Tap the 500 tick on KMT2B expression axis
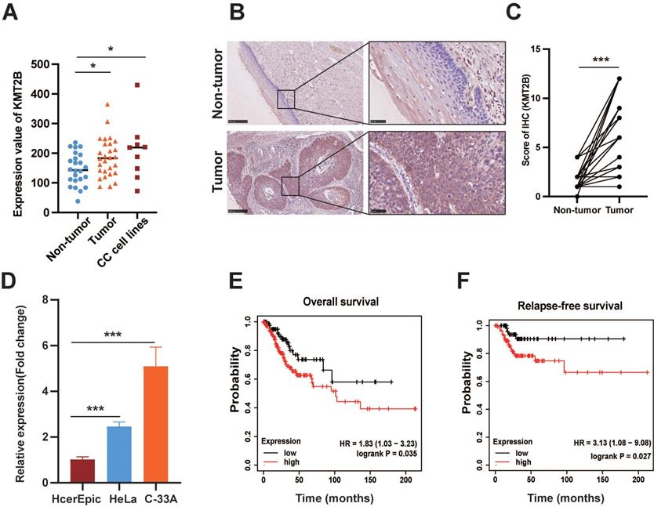pos(51,64)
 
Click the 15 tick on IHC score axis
pos(550,49)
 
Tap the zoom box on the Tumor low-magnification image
pos(290,186)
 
